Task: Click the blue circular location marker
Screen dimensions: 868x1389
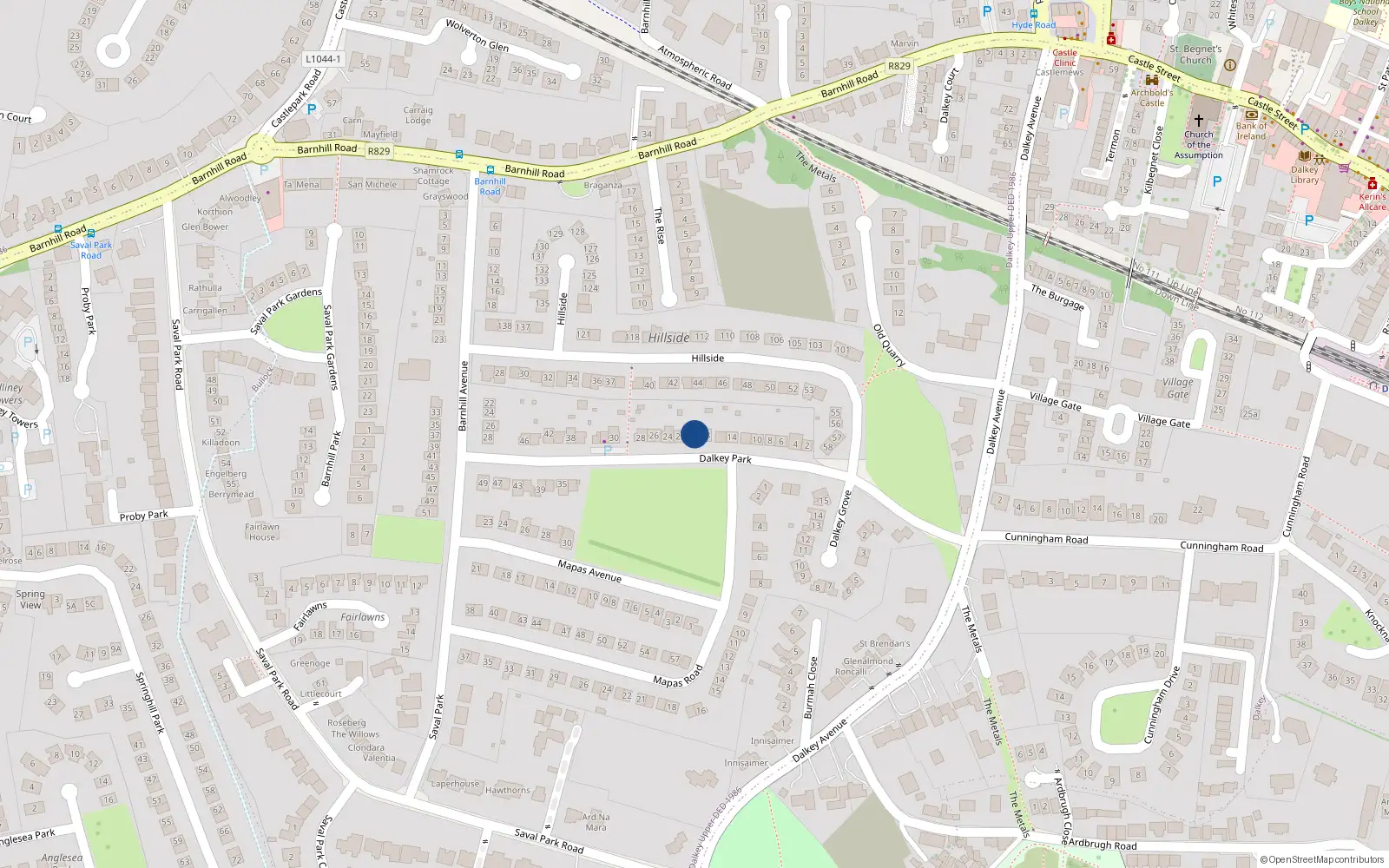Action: (x=694, y=434)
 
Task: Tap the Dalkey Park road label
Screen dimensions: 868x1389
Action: (x=725, y=458)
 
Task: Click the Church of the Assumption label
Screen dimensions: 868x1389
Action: (x=1198, y=145)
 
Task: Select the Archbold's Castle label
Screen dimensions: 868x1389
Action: (x=1152, y=97)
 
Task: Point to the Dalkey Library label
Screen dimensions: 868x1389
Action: (x=1305, y=174)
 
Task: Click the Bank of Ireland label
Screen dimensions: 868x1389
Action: (x=1251, y=131)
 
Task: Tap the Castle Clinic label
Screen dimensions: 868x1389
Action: (x=1064, y=57)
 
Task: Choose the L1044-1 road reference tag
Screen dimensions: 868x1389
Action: (x=323, y=59)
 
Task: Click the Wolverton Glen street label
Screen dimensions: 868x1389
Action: (x=477, y=36)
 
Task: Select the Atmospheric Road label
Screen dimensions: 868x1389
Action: (x=694, y=67)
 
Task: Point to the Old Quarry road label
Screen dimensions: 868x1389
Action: (x=889, y=345)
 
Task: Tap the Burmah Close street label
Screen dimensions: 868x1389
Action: (x=810, y=687)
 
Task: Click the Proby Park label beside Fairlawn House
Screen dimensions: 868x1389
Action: (x=144, y=516)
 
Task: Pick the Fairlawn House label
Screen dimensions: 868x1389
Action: (x=261, y=531)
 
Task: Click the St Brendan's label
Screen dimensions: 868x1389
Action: (x=885, y=644)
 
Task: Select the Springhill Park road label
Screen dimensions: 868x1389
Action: (x=149, y=702)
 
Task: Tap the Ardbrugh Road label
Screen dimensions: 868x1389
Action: (x=1102, y=845)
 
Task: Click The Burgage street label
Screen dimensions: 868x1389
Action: (x=1057, y=297)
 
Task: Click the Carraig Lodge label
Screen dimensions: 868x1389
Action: (x=418, y=115)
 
